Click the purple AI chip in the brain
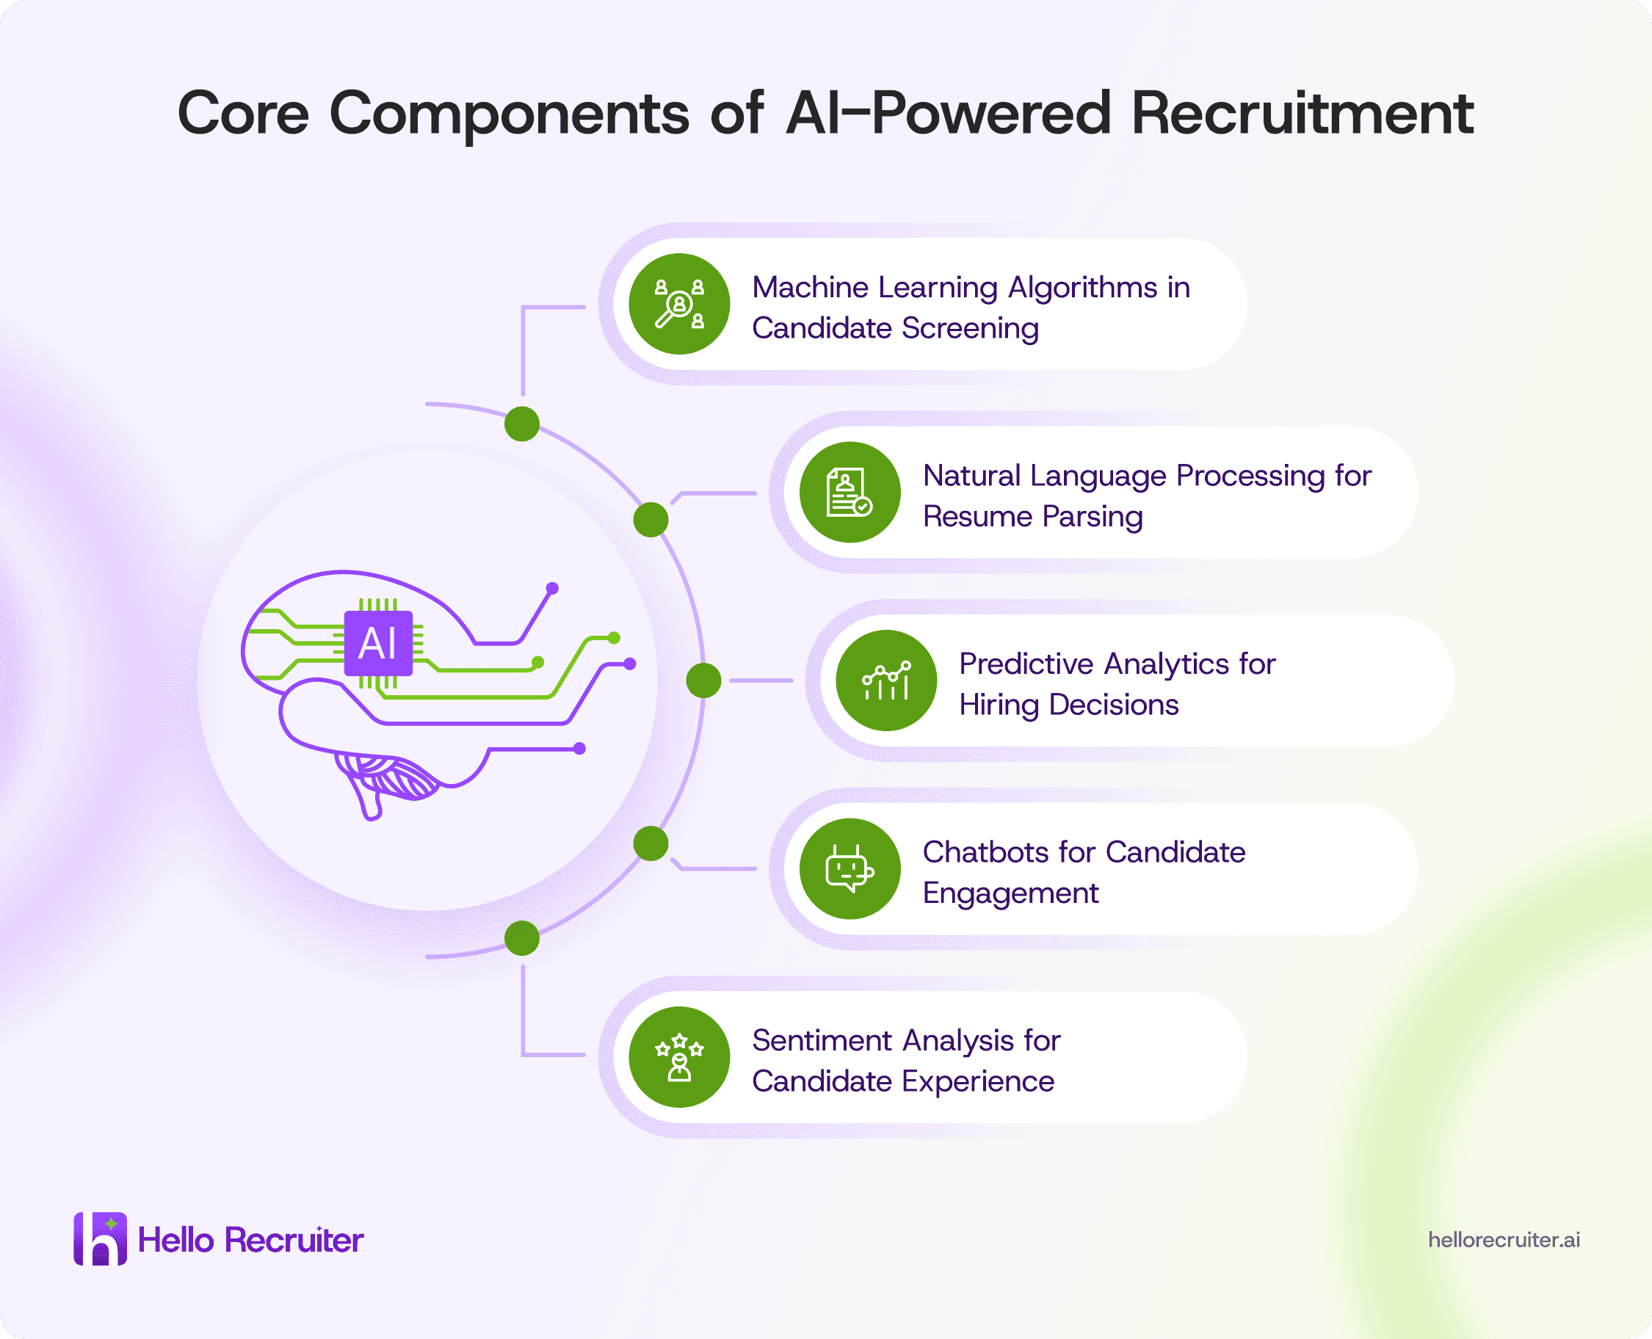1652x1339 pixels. pos(378,643)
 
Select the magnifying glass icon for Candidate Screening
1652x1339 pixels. pos(679,304)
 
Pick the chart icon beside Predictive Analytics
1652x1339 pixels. pos(886,681)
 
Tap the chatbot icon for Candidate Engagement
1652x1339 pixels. pos(850,868)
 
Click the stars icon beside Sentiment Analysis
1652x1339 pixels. pos(679,1056)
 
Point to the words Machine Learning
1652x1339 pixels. pos(875,288)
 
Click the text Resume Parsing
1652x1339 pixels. pos(1033,516)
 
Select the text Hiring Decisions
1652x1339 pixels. pos(1069,704)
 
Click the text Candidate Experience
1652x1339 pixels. pos(903,1081)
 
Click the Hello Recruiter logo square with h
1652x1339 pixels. pos(101,1238)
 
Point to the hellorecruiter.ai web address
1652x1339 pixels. pos(1504,1239)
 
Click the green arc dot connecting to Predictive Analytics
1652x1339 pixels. pos(703,681)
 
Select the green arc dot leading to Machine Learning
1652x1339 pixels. pos(522,424)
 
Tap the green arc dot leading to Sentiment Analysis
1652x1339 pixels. pos(522,938)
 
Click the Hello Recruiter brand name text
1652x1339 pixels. pos(250,1239)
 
